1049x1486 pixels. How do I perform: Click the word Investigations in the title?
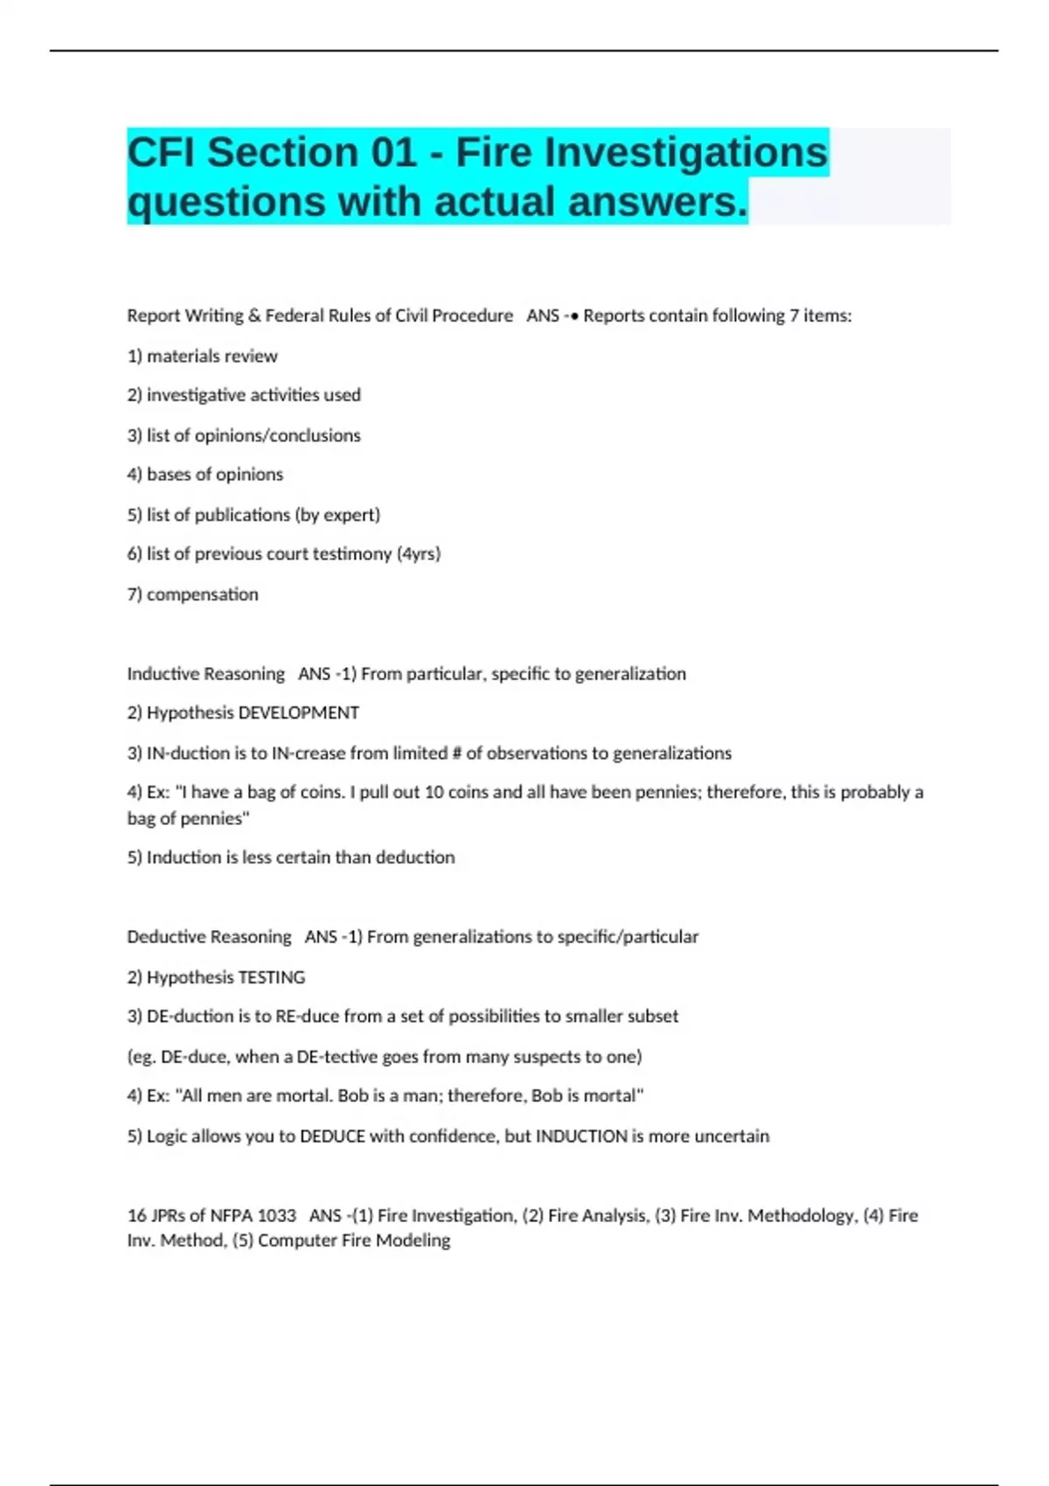685,153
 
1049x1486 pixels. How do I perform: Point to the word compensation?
202,594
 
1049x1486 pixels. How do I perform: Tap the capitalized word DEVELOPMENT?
298,713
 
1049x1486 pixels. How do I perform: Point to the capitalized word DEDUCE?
332,1136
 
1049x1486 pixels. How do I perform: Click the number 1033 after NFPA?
276,1216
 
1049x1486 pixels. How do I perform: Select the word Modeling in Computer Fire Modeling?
414,1240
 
